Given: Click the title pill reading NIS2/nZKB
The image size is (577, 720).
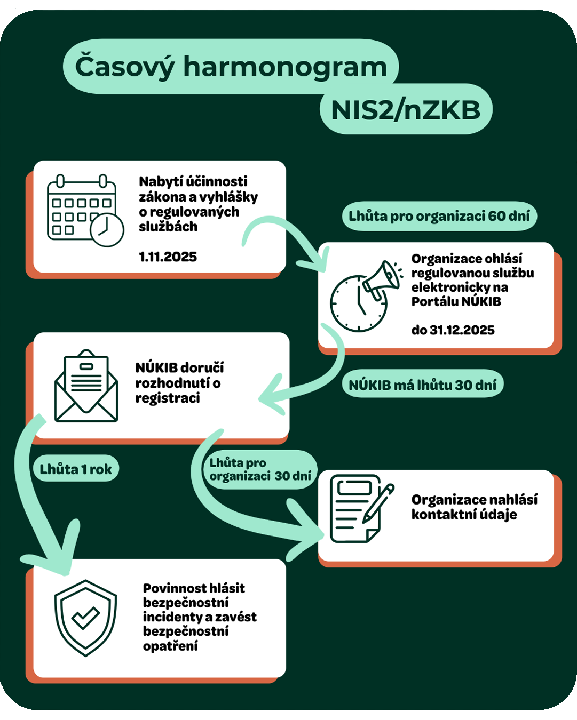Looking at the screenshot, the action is click(406, 110).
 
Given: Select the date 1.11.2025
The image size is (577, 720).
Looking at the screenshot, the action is click(168, 257).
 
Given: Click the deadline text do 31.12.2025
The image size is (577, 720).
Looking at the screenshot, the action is click(453, 330).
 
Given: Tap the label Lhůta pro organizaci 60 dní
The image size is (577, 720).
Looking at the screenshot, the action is click(439, 216).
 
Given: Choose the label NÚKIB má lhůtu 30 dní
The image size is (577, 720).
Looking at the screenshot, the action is click(422, 385).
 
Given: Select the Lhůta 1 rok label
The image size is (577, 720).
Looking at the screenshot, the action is click(76, 469).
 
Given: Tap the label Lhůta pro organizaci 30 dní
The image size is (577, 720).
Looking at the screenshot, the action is click(260, 469).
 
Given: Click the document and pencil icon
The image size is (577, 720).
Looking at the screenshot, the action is click(360, 509).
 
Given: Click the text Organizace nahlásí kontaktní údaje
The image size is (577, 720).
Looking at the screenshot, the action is click(474, 507).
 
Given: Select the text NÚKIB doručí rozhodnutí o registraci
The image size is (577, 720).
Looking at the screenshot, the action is click(179, 382).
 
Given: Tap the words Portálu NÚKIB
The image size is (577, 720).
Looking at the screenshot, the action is click(456, 302).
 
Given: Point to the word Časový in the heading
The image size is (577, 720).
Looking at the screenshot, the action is click(125, 67).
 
